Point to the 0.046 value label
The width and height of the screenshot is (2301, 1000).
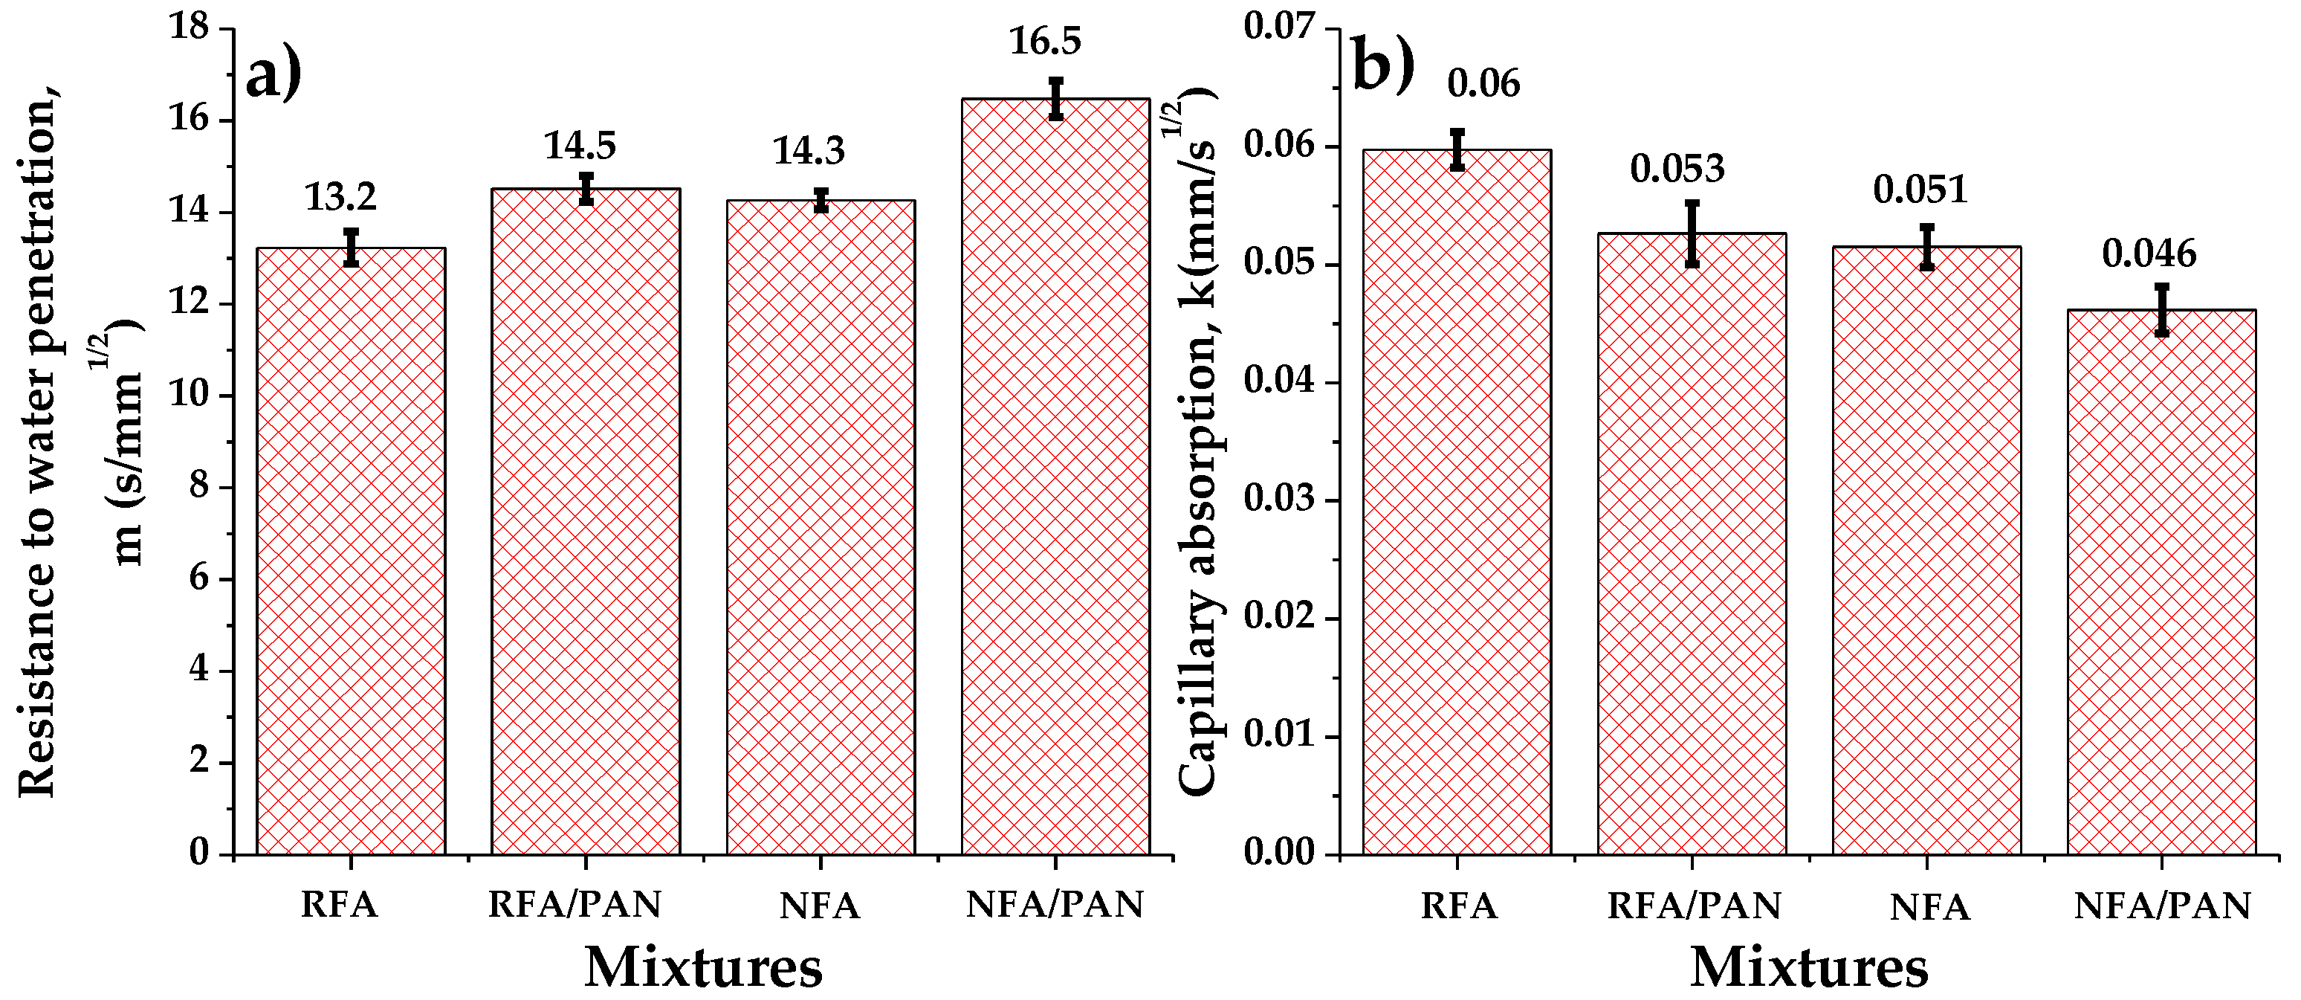click(2148, 254)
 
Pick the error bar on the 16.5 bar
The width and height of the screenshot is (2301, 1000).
click(1056, 98)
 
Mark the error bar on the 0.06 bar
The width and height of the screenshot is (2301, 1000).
click(1457, 149)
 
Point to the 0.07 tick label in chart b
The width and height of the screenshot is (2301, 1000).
click(1280, 28)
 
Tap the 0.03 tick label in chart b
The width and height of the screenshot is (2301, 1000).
click(1280, 500)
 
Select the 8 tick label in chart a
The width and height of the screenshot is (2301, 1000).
click(199, 488)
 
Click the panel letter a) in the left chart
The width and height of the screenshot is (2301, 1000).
click(274, 76)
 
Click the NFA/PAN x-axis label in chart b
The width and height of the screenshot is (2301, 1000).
click(2162, 906)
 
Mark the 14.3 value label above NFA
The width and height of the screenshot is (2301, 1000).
click(809, 152)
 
